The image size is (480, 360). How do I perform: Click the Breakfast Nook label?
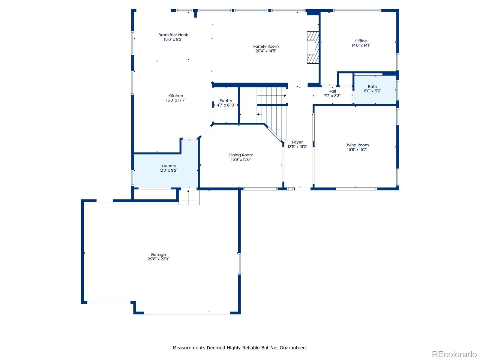173,35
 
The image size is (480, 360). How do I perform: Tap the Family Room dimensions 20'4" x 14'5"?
266,51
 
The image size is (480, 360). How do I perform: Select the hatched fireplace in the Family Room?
312,47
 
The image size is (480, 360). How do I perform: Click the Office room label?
361,41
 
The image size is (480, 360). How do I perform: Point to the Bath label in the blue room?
372,86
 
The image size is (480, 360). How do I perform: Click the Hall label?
332,91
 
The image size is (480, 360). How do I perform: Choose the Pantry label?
226,101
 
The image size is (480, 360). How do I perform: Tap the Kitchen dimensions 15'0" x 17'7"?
175,100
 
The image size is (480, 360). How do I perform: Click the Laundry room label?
168,166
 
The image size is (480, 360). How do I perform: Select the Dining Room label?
241,155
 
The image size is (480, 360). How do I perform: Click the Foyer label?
297,142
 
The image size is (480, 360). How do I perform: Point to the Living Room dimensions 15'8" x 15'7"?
357,150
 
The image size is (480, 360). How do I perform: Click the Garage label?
158,254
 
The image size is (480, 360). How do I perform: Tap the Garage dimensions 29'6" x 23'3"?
158,259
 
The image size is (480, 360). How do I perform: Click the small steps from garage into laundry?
189,198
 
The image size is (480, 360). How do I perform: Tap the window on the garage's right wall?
239,263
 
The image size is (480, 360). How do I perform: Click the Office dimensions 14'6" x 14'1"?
361,46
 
